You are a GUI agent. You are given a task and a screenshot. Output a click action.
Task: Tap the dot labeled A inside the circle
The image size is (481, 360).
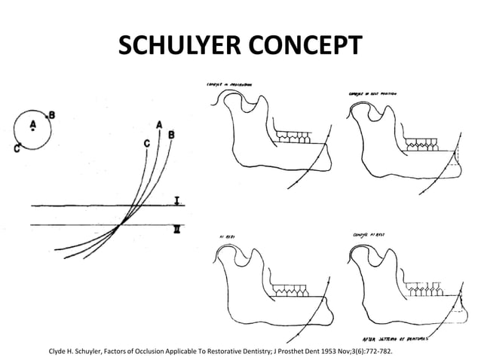point(32,129)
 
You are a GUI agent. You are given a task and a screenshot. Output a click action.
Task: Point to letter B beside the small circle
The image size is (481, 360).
point(51,115)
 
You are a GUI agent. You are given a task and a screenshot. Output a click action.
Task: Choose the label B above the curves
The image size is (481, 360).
point(171,135)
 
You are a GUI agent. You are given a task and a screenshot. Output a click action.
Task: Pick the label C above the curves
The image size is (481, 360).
point(146,142)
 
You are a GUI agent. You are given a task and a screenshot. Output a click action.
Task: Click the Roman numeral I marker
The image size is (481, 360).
point(176,200)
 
